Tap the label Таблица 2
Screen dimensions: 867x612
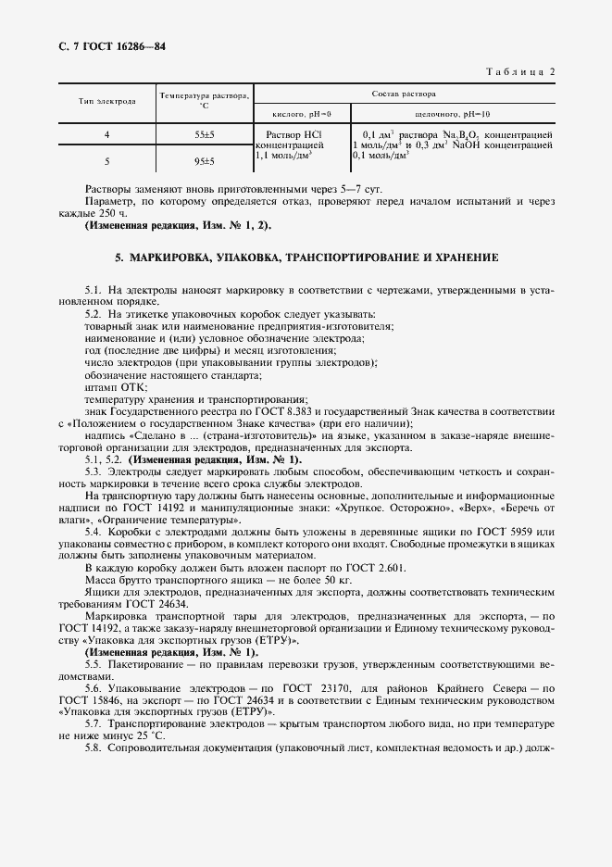click(518, 71)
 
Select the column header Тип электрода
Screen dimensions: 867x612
click(106, 101)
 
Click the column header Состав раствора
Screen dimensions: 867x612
click(405, 94)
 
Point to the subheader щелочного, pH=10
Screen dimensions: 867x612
click(452, 112)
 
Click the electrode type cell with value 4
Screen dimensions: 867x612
click(106, 135)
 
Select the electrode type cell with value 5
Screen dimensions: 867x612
click(106, 160)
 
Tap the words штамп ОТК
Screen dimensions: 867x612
click(109, 387)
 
